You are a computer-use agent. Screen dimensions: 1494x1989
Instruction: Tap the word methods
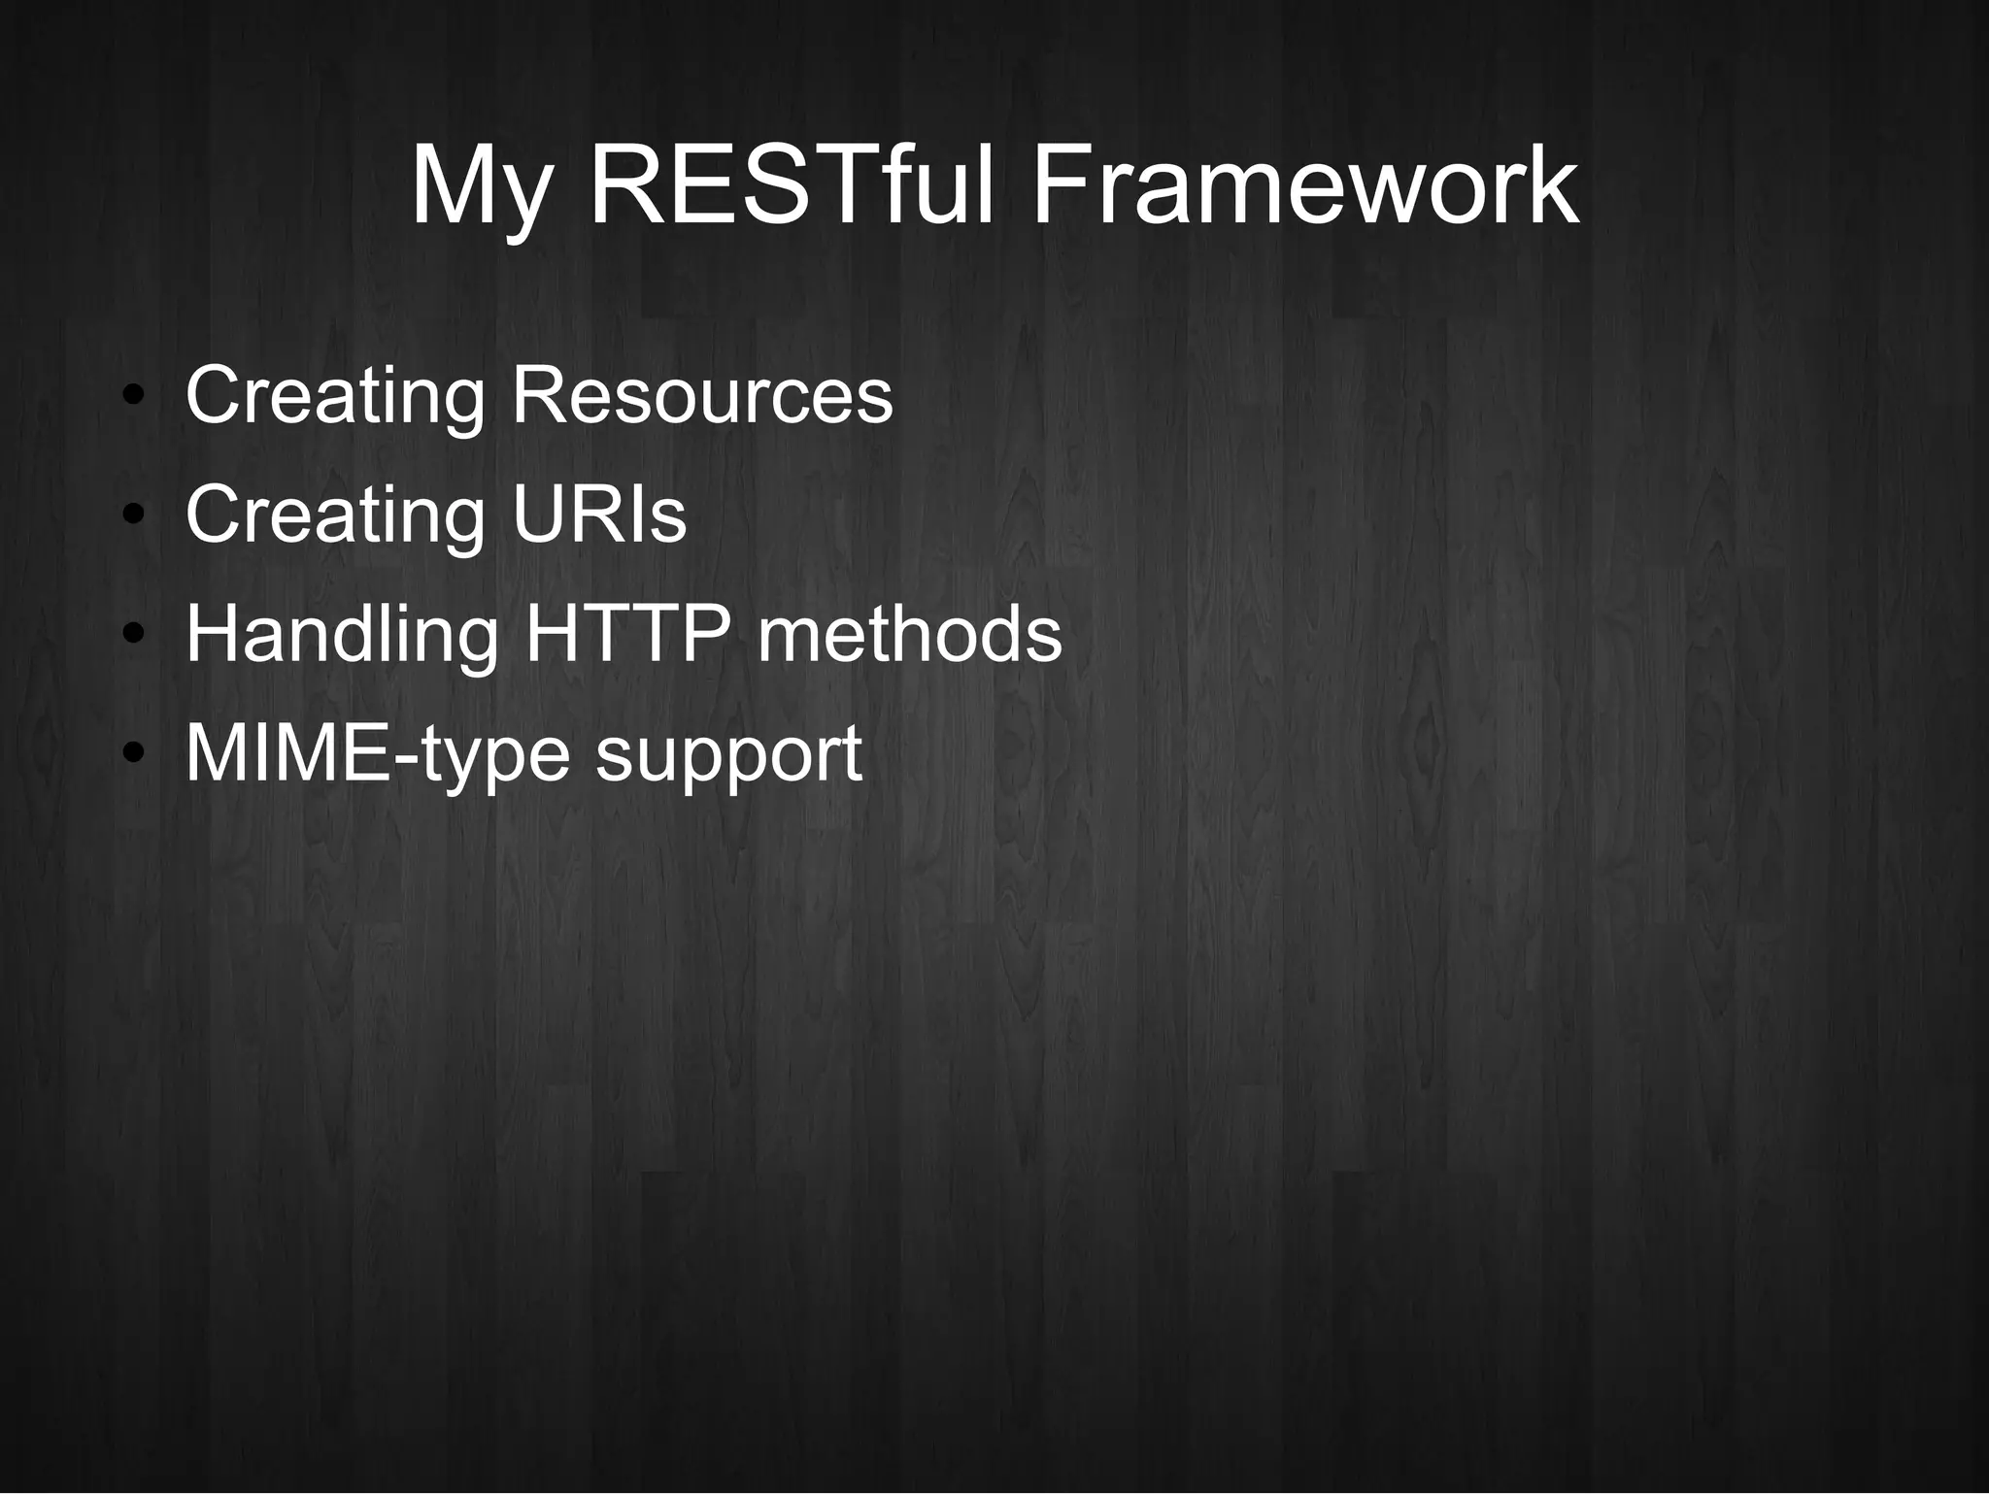click(909, 634)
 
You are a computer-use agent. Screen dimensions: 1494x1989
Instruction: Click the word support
click(728, 754)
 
